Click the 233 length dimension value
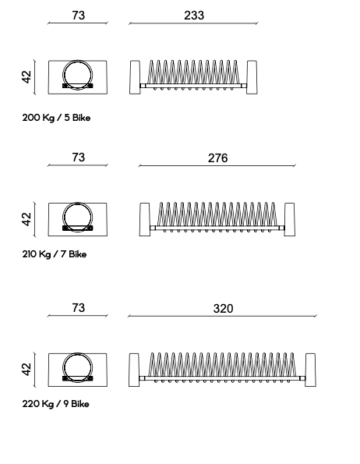pos(194,16)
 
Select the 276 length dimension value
pos(218,158)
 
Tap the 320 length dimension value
pos(223,308)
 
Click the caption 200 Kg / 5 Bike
pos(56,118)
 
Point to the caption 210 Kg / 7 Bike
pos(55,254)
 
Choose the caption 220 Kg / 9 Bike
pos(55,404)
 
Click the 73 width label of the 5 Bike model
pos(79,16)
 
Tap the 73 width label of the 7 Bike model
pos(79,157)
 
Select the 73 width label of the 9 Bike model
pos(79,308)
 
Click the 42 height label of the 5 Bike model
pos(26,77)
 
